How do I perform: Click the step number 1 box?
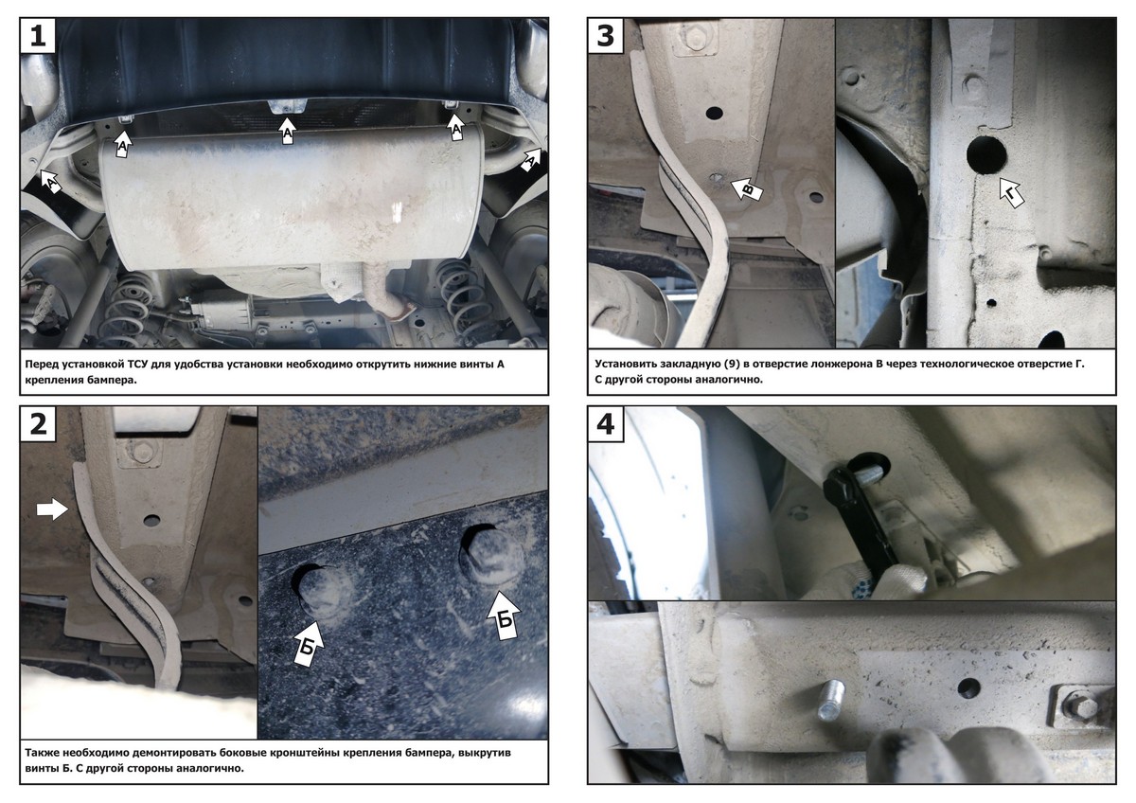[38, 35]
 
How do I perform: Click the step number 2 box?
[38, 423]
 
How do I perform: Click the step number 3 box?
[606, 35]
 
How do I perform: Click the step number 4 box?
[606, 423]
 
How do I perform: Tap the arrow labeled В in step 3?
[747, 189]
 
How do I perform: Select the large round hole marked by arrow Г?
[986, 155]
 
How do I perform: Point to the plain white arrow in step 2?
[52, 509]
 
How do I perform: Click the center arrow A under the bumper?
[288, 131]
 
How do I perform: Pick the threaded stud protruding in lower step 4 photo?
[831, 701]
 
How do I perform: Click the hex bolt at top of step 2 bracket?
[137, 450]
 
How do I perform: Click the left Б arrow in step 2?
[308, 643]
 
